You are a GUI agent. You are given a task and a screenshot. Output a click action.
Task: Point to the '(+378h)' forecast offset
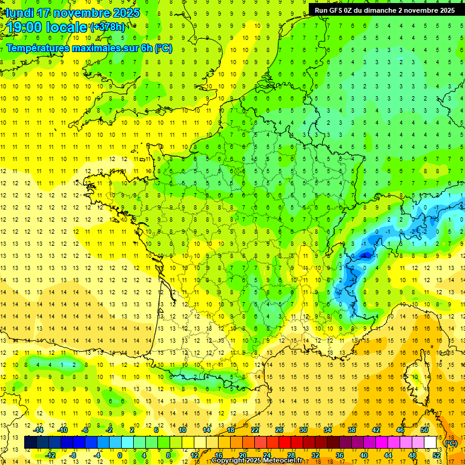click(108, 27)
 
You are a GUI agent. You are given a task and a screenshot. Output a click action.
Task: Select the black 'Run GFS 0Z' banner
click(385, 10)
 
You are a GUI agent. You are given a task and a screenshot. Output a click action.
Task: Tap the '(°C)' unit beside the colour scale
click(450, 443)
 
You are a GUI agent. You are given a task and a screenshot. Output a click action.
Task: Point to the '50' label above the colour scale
click(424, 430)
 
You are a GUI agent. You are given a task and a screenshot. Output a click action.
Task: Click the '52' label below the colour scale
click(436, 455)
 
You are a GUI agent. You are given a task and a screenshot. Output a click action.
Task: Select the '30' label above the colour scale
click(303, 430)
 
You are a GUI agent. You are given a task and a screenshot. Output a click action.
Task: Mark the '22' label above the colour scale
click(255, 430)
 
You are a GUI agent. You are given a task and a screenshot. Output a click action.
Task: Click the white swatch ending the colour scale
click(430, 443)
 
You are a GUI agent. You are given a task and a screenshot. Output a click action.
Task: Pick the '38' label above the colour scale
click(352, 430)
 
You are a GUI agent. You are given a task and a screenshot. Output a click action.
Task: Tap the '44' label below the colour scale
click(388, 455)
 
